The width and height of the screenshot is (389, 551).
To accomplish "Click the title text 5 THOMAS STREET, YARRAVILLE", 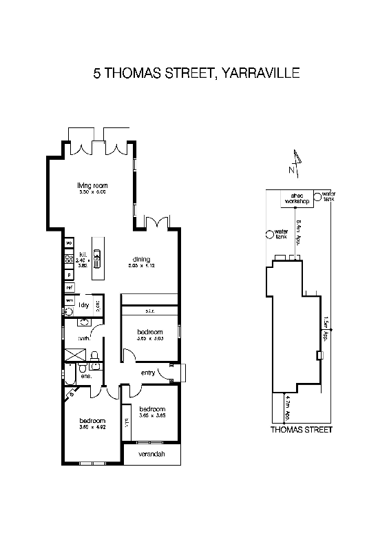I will point(196,73).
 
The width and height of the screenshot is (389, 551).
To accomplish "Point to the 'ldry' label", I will point(85,304).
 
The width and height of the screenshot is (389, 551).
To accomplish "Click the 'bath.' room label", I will point(85,337).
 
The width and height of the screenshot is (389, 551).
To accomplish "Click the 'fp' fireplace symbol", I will point(70,395).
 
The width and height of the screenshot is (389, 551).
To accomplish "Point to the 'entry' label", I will point(148,373).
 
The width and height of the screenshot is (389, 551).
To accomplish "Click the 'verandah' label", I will point(151,455).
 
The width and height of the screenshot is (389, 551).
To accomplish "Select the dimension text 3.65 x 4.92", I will point(92,428).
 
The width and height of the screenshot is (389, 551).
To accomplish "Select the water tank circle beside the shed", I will point(317,197).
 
